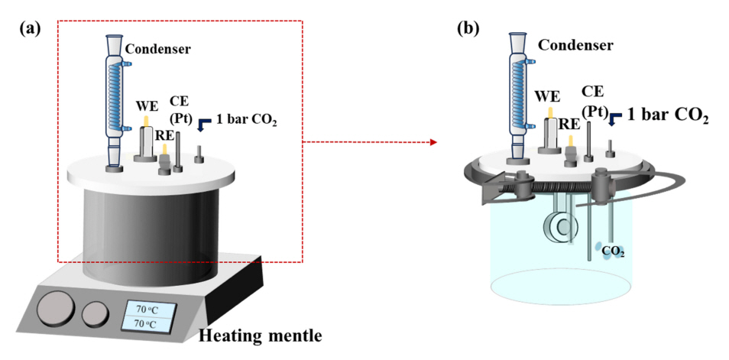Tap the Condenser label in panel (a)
pyautogui.click(x=158, y=50)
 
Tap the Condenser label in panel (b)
pyautogui.click(x=575, y=45)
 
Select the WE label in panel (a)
pyautogui.click(x=147, y=104)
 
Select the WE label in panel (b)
pyautogui.click(x=549, y=97)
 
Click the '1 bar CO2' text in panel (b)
pyautogui.click(x=668, y=117)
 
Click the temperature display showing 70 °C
pyautogui.click(x=147, y=316)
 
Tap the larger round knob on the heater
pyautogui.click(x=56, y=310)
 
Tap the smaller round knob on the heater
pyautogui.click(x=96, y=313)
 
